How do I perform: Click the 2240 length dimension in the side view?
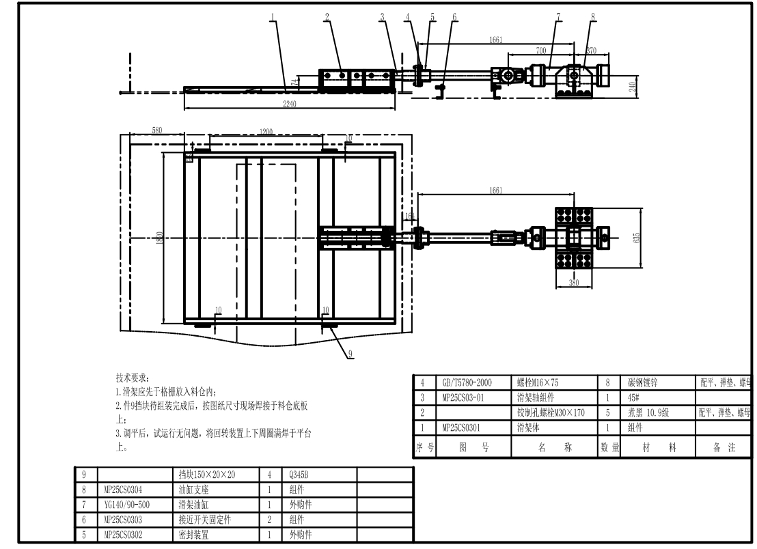pos(290,103)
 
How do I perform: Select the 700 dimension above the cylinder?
pos(541,51)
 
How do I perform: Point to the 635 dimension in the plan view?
pos(637,238)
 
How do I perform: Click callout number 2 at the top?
pos(327,17)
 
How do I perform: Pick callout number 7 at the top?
pos(558,17)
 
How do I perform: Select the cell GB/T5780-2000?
pos(463,383)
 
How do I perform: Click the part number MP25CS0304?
pos(126,489)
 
